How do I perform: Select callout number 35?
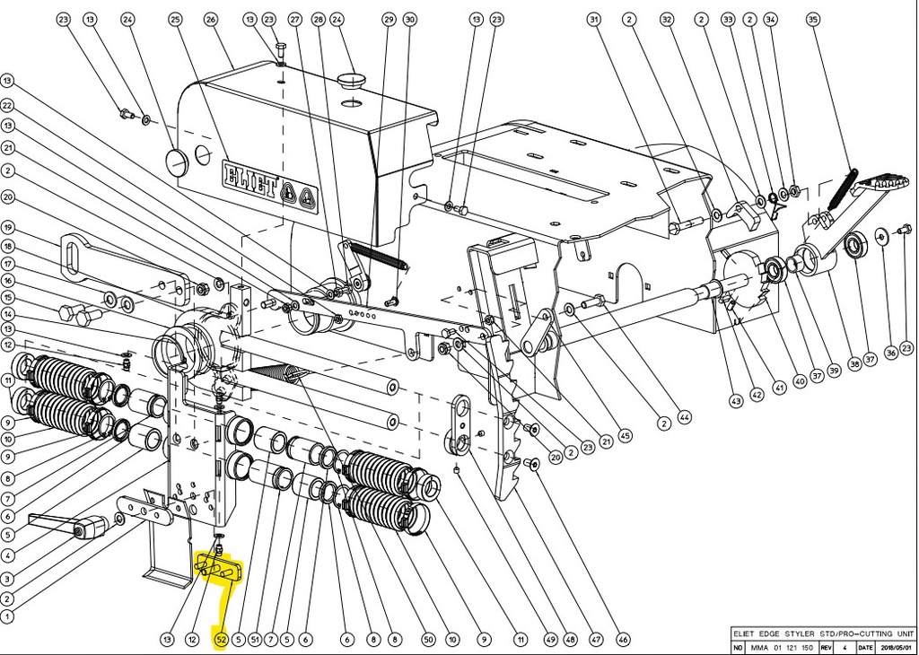tap(813, 19)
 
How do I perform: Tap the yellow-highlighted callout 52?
tap(221, 639)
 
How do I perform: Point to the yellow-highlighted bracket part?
tap(219, 569)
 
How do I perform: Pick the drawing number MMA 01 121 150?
tap(782, 646)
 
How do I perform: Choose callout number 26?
tap(211, 19)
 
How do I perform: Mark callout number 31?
tap(593, 19)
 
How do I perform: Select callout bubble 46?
tap(624, 640)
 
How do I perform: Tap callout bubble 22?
tap(7, 103)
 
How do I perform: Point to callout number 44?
tap(685, 416)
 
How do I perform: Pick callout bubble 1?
tap(7, 616)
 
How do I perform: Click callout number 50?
tap(429, 640)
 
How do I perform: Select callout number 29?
tap(388, 19)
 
